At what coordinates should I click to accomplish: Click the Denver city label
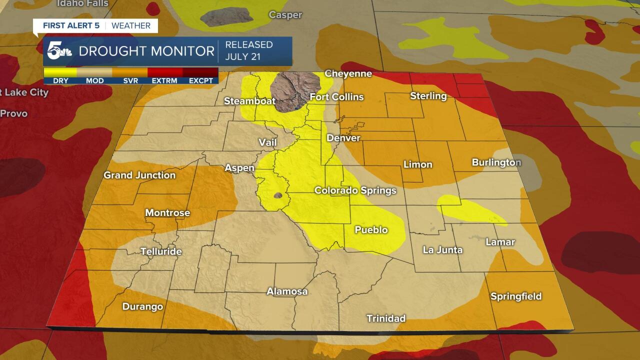[343, 137]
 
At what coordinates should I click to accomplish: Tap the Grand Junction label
[139, 175]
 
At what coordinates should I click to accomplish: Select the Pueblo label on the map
[371, 230]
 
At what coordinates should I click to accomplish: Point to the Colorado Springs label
[355, 190]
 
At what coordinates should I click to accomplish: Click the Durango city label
[142, 306]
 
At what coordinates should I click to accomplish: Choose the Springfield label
[515, 296]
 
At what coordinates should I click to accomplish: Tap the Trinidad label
[385, 318]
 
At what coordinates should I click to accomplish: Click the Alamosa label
[287, 291]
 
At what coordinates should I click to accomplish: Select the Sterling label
[428, 95]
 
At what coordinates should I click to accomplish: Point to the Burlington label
[496, 162]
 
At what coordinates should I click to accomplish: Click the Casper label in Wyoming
[285, 15]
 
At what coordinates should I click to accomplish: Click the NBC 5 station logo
[59, 51]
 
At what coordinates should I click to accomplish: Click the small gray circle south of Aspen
[279, 195]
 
